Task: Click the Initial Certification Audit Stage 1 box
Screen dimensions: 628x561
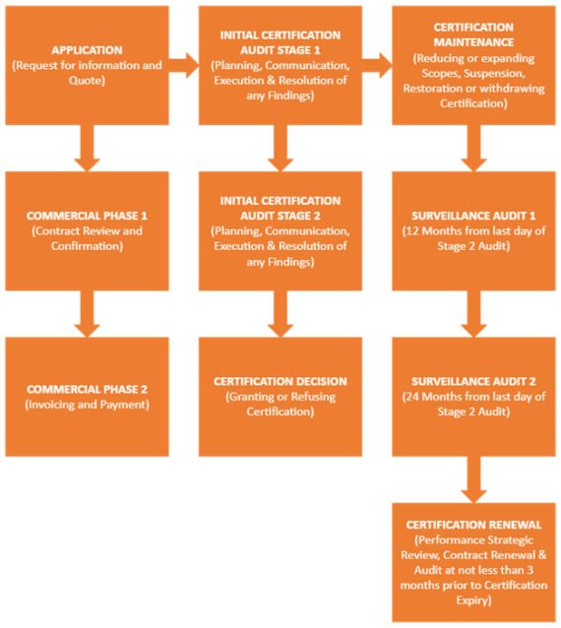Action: click(x=280, y=65)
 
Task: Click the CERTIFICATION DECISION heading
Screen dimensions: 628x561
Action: click(x=280, y=381)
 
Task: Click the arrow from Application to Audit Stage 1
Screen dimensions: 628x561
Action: click(x=182, y=66)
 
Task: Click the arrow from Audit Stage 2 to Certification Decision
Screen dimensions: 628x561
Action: click(x=280, y=314)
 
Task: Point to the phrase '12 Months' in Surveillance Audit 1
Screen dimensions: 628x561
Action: click(x=430, y=230)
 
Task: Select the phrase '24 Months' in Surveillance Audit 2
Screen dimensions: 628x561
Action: click(x=430, y=397)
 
